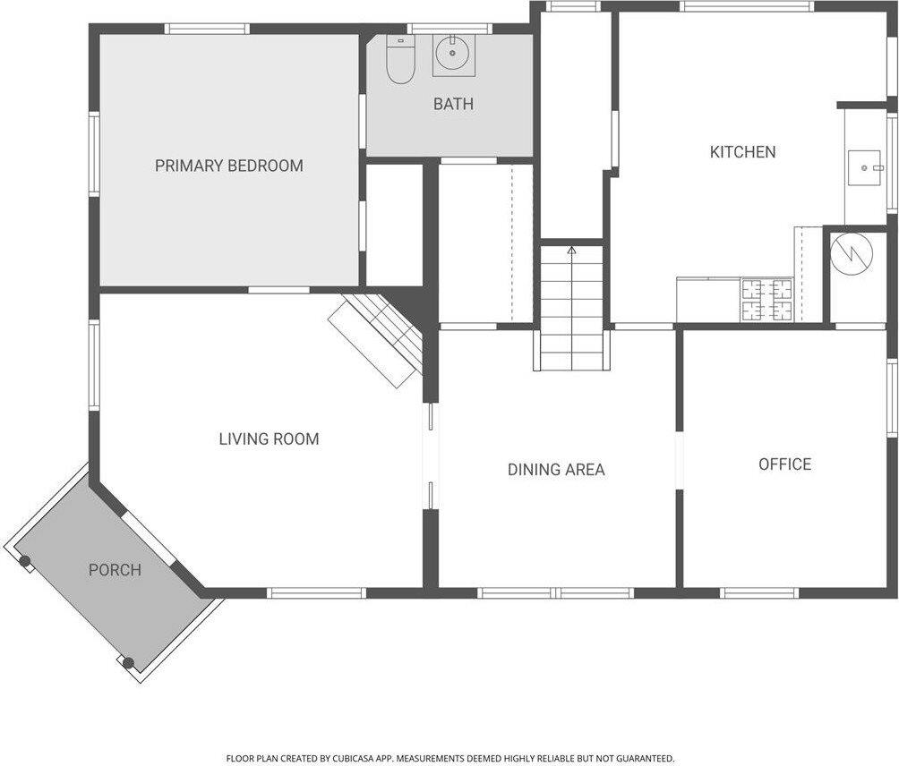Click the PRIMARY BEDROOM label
coord(228,166)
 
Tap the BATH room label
coord(453,104)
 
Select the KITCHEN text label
coord(742,152)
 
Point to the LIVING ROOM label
coord(269,438)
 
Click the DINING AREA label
coord(556,469)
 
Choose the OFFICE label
coord(784,464)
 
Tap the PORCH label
coord(115,569)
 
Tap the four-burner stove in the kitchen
coord(766,300)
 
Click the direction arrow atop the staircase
coord(571,251)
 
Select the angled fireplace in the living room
coord(376,338)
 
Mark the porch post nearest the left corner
coord(25,562)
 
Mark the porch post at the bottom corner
coord(128,663)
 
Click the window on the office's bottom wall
coord(759,592)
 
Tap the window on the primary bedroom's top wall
coord(207,29)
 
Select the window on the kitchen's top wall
coord(746,6)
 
